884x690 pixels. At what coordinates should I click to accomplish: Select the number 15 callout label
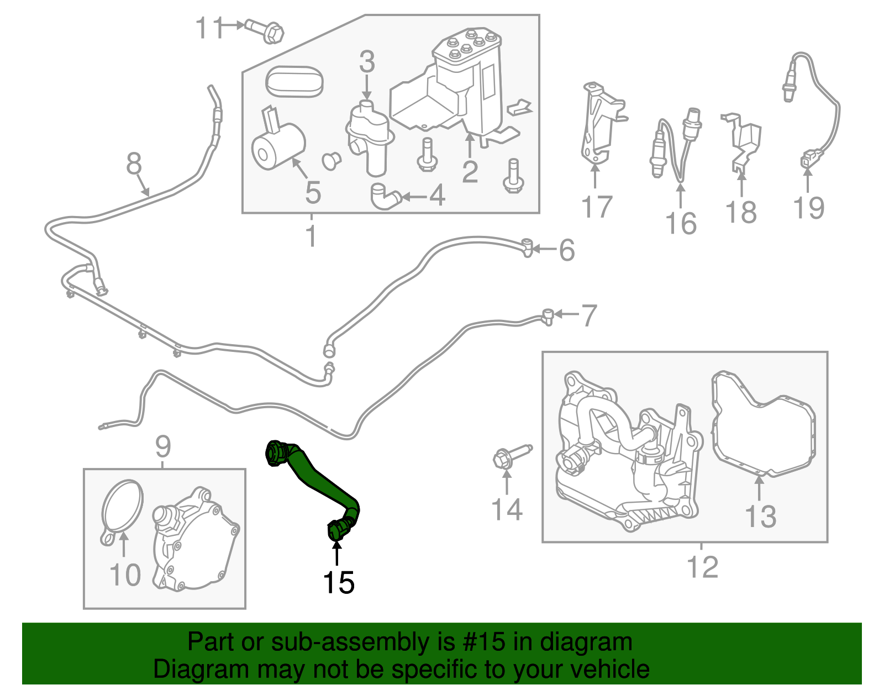click(338, 582)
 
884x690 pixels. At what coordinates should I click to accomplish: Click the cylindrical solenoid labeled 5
click(278, 146)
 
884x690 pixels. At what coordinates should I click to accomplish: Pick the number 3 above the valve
click(367, 62)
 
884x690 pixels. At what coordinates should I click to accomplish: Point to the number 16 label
click(681, 223)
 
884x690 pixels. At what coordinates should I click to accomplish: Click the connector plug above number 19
click(808, 161)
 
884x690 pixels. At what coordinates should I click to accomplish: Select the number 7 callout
click(589, 315)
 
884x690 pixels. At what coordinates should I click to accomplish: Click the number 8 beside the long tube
click(134, 164)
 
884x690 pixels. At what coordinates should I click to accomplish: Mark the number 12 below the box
click(702, 567)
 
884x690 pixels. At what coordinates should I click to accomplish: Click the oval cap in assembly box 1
click(294, 82)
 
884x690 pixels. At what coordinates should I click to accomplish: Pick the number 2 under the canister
click(470, 172)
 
